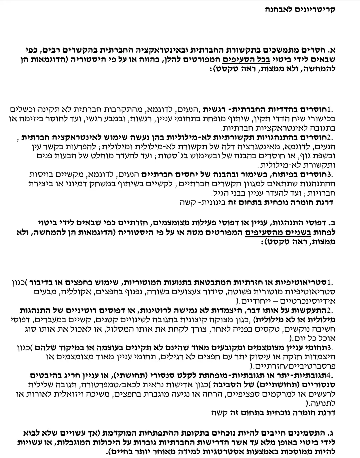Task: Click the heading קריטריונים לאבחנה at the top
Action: [x=300, y=9]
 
